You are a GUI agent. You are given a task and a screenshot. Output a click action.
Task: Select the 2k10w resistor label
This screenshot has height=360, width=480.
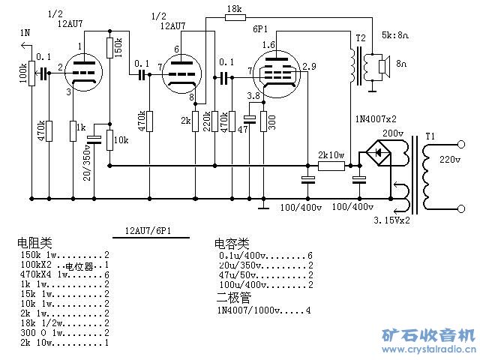331,155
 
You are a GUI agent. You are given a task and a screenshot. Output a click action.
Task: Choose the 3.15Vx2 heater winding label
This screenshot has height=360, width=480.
391,220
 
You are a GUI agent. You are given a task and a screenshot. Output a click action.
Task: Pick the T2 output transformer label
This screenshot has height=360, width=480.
361,38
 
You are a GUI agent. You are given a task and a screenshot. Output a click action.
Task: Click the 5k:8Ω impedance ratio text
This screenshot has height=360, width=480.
396,34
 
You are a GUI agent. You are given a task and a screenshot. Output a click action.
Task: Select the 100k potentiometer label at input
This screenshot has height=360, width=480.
22,73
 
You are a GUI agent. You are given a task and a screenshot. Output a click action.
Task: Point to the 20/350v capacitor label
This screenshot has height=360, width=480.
87,161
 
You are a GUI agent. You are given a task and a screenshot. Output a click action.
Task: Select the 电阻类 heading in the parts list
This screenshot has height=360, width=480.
34,243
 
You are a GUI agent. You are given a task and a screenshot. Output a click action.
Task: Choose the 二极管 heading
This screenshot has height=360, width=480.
232,298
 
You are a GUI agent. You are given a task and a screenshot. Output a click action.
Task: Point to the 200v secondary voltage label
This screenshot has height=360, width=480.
394,133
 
